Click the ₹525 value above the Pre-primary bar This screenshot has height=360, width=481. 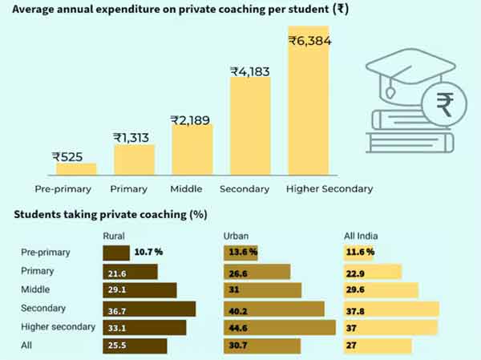pyautogui.click(x=67, y=157)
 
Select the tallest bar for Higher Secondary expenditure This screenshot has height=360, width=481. pyautogui.click(x=309, y=104)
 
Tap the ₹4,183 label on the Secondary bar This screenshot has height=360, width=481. pyautogui.click(x=250, y=71)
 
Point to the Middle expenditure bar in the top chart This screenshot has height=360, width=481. pyautogui.click(x=192, y=149)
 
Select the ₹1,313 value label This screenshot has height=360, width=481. pyautogui.click(x=133, y=138)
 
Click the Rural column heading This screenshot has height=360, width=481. pyautogui.click(x=114, y=235)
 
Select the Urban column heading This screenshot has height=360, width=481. pyautogui.click(x=236, y=235)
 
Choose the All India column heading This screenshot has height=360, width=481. pyautogui.click(x=360, y=235)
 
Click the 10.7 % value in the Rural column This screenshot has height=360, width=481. pyautogui.click(x=148, y=253)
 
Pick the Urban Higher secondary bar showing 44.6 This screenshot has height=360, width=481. pyautogui.click(x=279, y=327)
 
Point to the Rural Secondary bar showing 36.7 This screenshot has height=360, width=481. pyautogui.click(x=149, y=309)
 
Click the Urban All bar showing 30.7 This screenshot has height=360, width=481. pyautogui.click(x=261, y=346)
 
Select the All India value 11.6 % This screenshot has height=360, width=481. pyautogui.click(x=361, y=253)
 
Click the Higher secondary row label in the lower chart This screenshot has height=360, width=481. pyautogui.click(x=58, y=327)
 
